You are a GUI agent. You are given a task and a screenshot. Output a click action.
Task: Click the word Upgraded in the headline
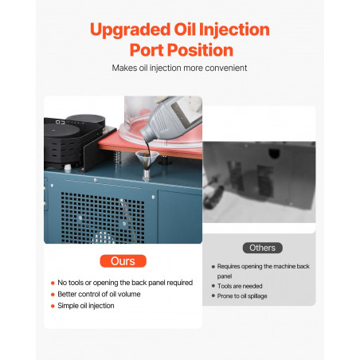[x=130, y=29]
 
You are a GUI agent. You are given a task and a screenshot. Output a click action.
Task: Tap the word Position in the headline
[x=200, y=50]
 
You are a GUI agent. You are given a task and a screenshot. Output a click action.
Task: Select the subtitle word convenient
[x=226, y=68]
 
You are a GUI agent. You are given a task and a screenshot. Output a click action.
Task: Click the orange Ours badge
[x=123, y=261]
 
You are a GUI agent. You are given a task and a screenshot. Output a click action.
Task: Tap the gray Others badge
[x=262, y=248]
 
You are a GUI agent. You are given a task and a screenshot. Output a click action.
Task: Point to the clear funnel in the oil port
[x=147, y=162]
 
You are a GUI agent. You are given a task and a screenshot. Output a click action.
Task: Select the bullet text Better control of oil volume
[x=99, y=294]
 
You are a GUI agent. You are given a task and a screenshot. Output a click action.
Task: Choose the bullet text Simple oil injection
[x=86, y=306]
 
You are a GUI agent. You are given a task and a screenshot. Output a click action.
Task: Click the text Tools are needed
[x=240, y=286]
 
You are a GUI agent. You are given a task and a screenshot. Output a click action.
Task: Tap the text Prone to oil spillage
[x=242, y=296]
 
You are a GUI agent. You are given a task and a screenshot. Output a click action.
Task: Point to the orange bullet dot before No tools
[x=53, y=283]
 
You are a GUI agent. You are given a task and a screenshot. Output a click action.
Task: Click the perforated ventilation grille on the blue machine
[x=103, y=217]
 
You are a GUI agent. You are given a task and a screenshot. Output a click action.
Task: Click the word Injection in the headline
[x=234, y=29]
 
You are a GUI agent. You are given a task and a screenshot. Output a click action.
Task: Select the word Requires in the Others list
[x=229, y=266]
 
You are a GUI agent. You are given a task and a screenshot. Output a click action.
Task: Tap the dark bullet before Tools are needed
[x=213, y=286]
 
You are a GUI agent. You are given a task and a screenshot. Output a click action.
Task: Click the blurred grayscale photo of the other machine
[x=259, y=182]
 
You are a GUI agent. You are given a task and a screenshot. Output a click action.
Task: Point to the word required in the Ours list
[x=180, y=283]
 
